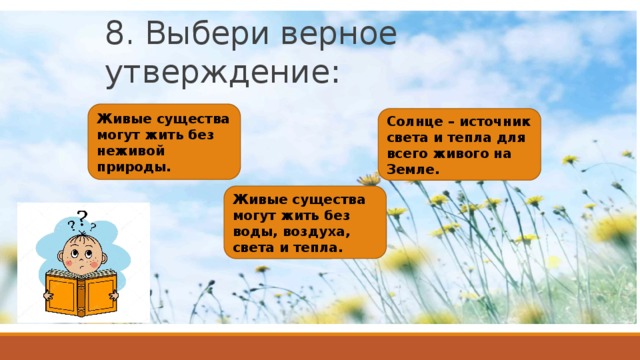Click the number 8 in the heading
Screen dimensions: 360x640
pyautogui.click(x=116, y=33)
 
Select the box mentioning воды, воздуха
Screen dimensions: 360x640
pyautogui.click(x=305, y=222)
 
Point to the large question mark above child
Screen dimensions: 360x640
pyautogui.click(x=80, y=215)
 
